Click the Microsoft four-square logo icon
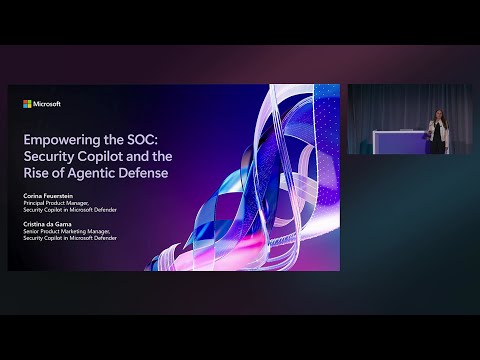(27, 103)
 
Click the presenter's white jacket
(436, 128)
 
